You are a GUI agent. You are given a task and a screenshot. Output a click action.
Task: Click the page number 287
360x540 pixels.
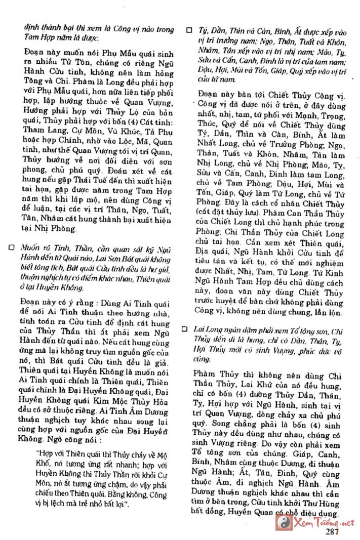pyautogui.click(x=332, y=531)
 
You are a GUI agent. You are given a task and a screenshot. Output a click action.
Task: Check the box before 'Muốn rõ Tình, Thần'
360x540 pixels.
pyautogui.click(x=11, y=248)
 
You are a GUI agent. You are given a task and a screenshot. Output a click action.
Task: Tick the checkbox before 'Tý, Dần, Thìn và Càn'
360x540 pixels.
pyautogui.click(x=189, y=29)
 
